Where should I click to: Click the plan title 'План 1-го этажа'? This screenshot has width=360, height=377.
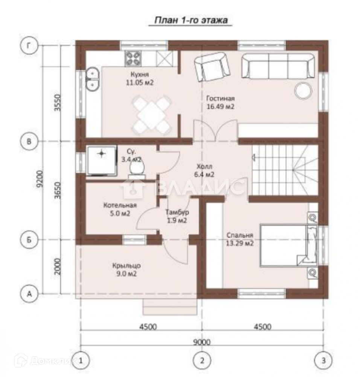click(191, 20)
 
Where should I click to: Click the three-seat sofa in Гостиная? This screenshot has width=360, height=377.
click(278, 66)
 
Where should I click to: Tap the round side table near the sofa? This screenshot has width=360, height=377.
click(304, 90)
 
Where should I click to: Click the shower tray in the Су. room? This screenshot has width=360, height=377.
click(102, 160)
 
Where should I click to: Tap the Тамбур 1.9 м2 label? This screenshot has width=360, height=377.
click(177, 216)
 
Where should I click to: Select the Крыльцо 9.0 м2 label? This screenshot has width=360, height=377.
click(127, 270)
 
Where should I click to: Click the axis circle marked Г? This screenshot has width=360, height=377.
click(29, 45)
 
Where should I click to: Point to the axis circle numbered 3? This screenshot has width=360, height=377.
click(323, 360)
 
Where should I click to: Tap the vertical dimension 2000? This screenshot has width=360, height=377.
click(57, 267)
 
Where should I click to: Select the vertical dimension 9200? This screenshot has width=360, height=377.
click(40, 179)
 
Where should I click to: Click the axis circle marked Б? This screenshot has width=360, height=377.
click(29, 240)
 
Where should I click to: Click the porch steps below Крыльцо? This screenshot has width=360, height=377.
click(170, 307)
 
